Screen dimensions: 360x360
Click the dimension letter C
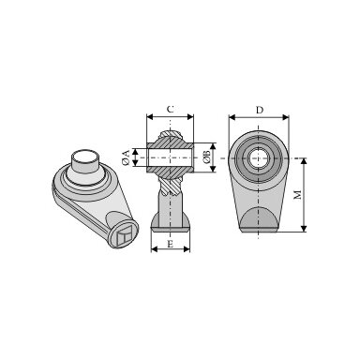[x=170, y=110]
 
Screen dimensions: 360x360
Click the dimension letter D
[x=260, y=110]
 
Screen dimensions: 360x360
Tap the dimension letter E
[x=170, y=244]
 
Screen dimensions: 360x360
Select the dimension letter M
[x=298, y=194]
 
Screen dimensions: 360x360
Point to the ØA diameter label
[x=126, y=157]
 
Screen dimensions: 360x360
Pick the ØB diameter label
[x=207, y=157]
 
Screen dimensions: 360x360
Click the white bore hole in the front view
[x=258, y=158]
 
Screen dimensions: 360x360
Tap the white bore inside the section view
[x=171, y=157]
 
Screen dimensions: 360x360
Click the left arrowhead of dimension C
[x=150, y=117]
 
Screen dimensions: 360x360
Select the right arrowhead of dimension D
[x=285, y=117]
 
